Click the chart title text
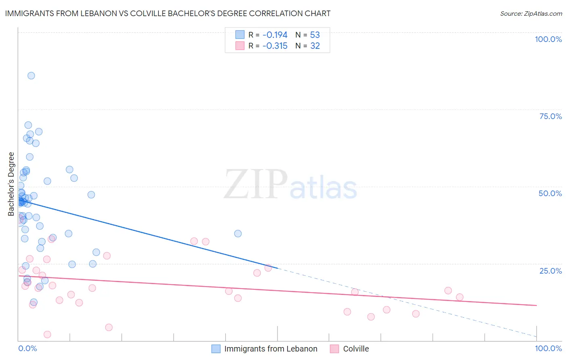pyautogui.click(x=168, y=14)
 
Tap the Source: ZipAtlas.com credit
pyautogui.click(x=531, y=14)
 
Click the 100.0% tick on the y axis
pyautogui.click(x=548, y=39)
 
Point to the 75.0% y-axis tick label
pyautogui.click(x=550, y=116)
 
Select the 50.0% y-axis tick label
pyautogui.click(x=550, y=193)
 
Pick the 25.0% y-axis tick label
pyautogui.click(x=550, y=271)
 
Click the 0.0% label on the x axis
pyautogui.click(x=27, y=348)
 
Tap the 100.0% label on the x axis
pyautogui.click(x=548, y=348)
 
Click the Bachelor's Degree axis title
pyautogui.click(x=11, y=184)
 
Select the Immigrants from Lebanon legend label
pyautogui.click(x=271, y=349)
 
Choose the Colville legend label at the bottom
pyautogui.click(x=356, y=349)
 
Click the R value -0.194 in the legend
pyautogui.click(x=275, y=35)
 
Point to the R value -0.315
pyautogui.click(x=275, y=46)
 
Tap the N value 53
pyautogui.click(x=315, y=35)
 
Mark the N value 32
pyautogui.click(x=315, y=46)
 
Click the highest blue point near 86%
pyautogui.click(x=31, y=76)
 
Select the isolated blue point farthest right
pyautogui.click(x=238, y=234)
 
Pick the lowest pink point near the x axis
pyautogui.click(x=47, y=335)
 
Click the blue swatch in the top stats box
pyautogui.click(x=240, y=35)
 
